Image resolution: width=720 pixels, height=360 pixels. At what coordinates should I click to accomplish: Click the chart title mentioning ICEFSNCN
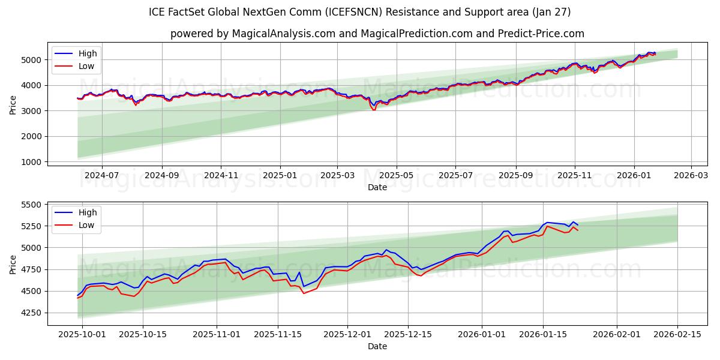pos(359,12)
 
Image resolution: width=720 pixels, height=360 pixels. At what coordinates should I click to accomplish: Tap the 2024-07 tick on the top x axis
pos(101,176)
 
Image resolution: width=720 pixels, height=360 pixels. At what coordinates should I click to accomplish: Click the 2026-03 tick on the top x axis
pos(691,176)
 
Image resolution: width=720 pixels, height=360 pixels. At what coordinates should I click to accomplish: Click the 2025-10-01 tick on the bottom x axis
pos(82,335)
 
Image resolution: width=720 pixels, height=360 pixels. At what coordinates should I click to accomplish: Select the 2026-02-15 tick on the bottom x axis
pos(677,335)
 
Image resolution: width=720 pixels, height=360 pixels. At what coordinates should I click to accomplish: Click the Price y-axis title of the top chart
pos(13,104)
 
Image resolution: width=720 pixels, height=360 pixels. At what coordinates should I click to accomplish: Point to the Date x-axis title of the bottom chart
pos(377,346)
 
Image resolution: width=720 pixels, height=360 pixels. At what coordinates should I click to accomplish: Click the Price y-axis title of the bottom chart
pos(13,263)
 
